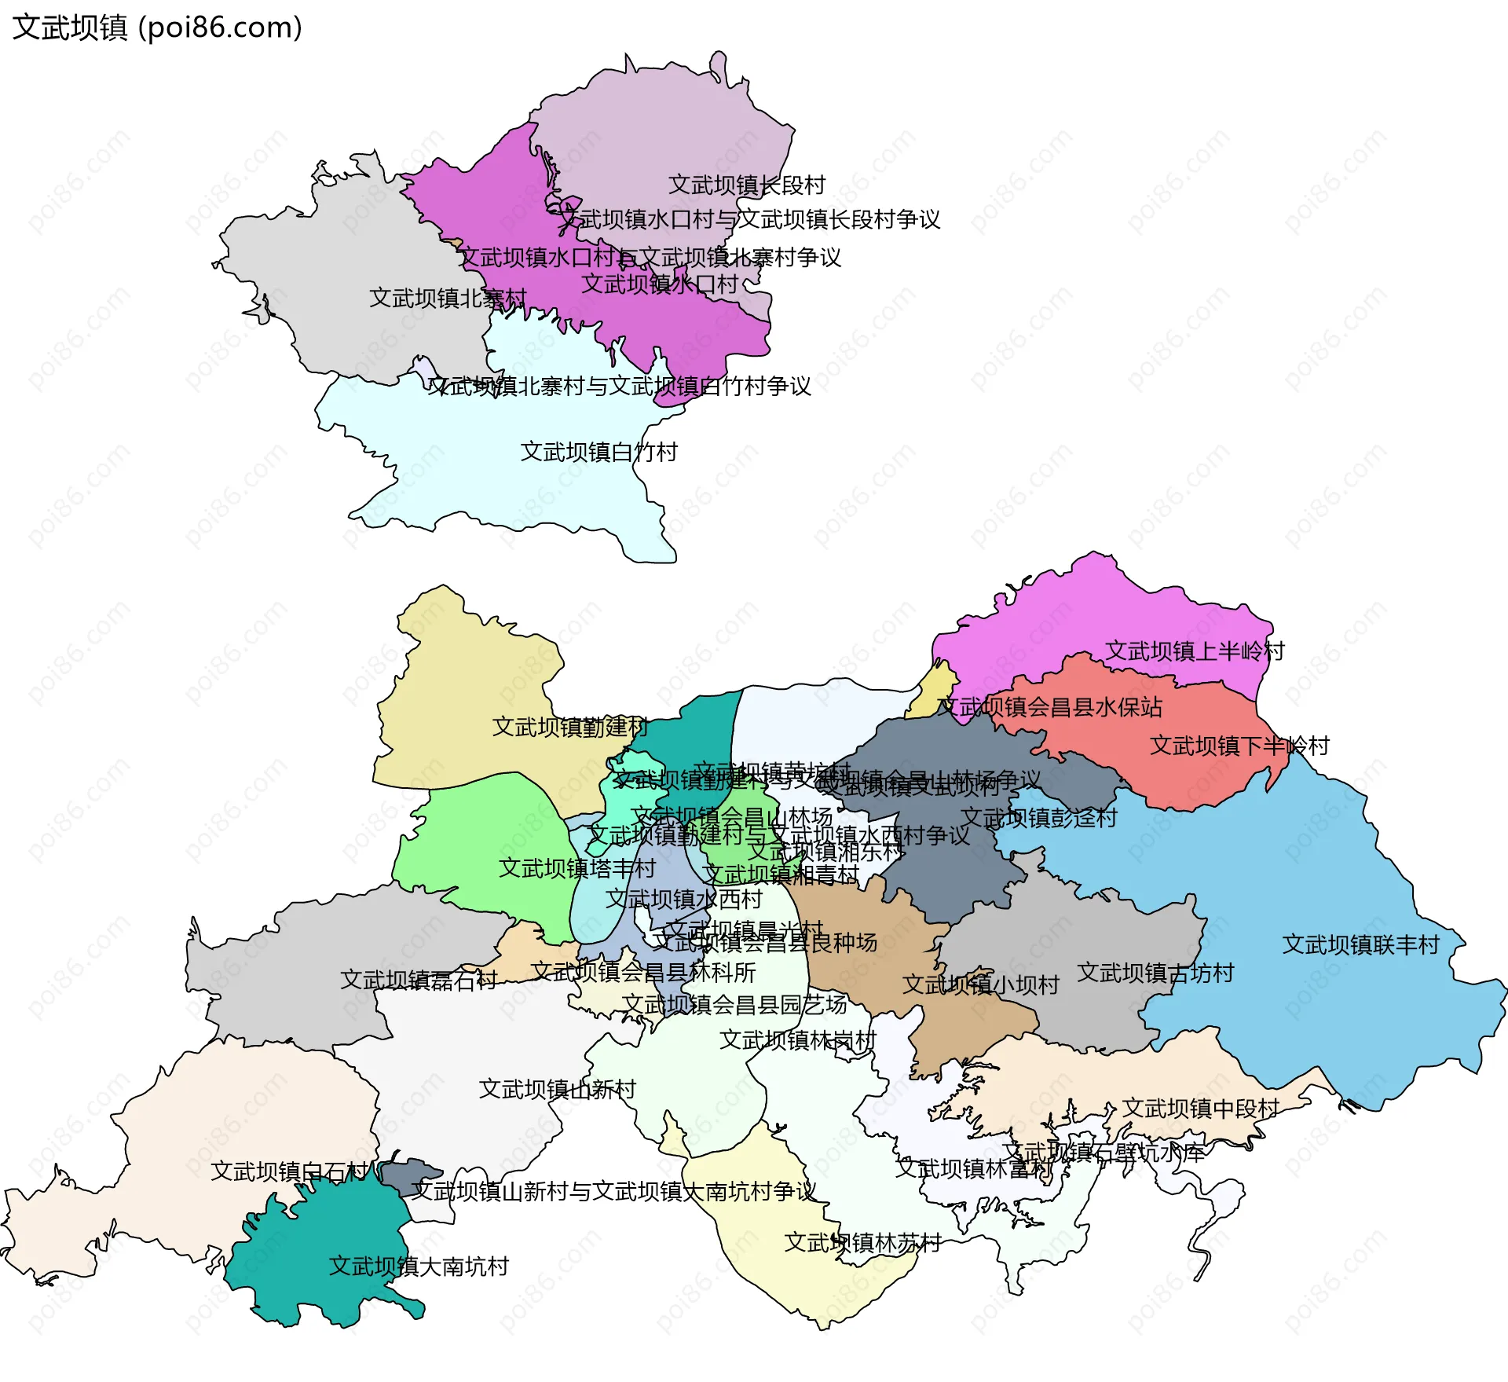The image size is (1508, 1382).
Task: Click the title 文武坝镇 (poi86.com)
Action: pos(157,27)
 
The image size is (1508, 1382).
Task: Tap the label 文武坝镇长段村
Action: pos(746,185)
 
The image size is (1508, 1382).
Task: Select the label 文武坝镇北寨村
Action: pos(448,299)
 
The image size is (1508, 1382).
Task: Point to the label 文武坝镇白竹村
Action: pos(598,453)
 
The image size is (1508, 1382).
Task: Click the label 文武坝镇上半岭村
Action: pos(1195,651)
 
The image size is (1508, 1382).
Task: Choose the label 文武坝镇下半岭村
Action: pos(1239,746)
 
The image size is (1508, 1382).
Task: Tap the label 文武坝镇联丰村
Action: pos(1361,944)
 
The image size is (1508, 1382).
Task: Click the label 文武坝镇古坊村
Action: pos(1155,973)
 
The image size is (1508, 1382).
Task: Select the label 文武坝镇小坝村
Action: pos(980,984)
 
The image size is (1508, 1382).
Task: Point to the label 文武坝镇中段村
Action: pos(1201,1109)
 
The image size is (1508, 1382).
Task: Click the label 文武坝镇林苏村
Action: pos(862,1243)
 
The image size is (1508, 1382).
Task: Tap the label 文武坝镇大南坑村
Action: pos(419,1267)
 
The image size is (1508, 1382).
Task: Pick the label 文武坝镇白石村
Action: pos(289,1171)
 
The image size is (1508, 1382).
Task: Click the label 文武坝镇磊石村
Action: pos(419,980)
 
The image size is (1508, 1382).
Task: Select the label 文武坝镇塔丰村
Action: pos(577,868)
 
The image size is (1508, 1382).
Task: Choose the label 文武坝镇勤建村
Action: pos(570,727)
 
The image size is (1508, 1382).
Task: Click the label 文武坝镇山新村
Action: pos(558,1090)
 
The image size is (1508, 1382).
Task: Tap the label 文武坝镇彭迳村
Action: pos(1039,818)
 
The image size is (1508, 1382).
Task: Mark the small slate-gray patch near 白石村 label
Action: pos(408,1175)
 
